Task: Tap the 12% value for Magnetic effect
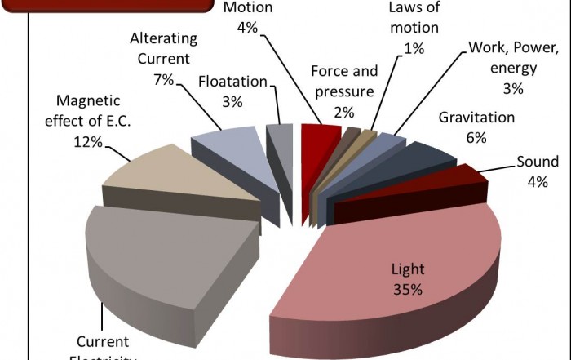86,142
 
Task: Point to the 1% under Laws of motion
414,48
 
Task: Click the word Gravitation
476,118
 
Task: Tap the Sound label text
537,161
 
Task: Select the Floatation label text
232,82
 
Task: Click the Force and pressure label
344,80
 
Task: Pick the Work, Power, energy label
512,57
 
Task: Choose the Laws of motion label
414,18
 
